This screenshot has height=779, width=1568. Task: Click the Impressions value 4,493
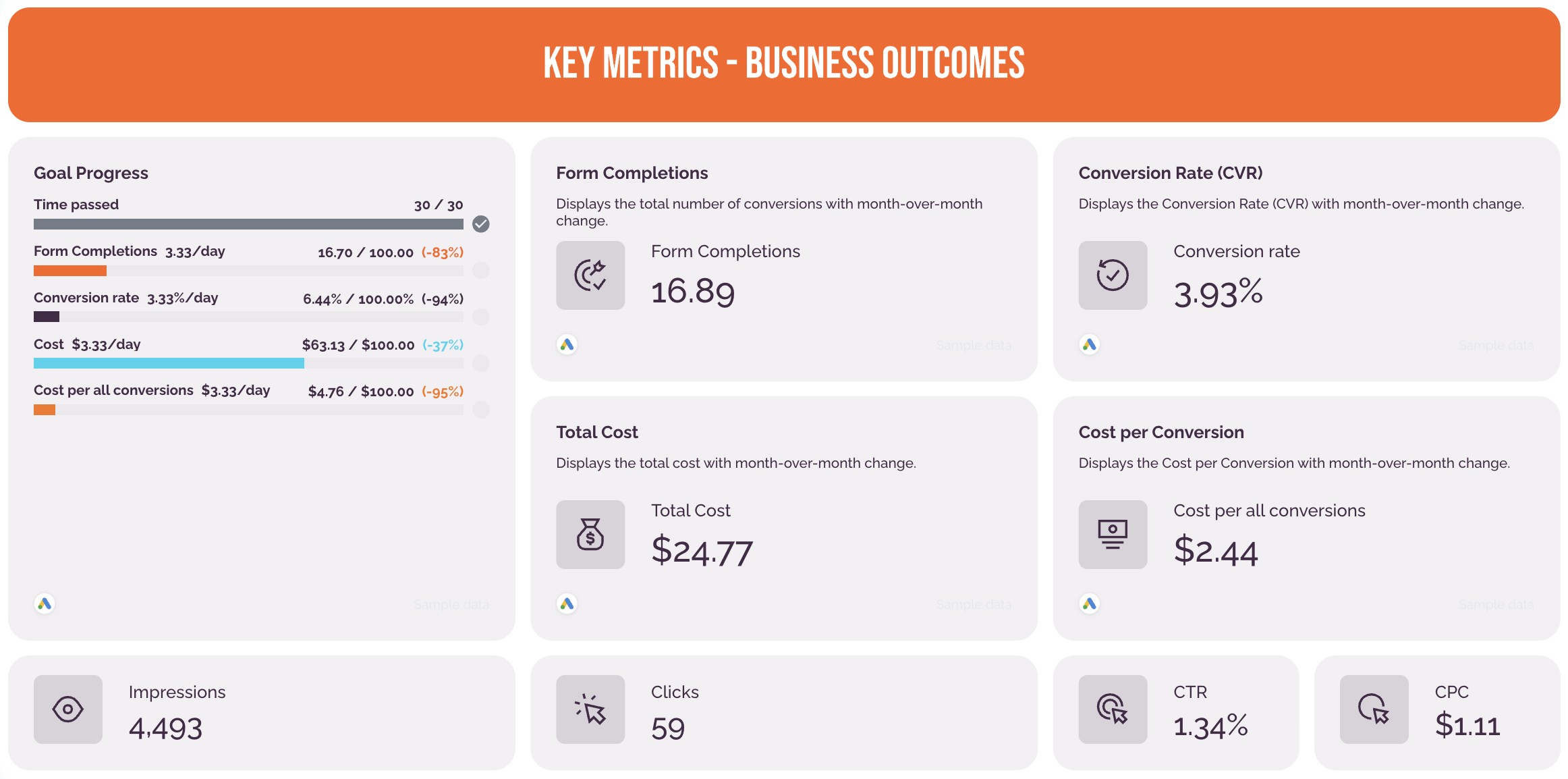click(x=165, y=728)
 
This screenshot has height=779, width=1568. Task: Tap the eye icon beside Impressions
click(x=68, y=709)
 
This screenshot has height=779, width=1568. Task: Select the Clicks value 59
click(x=668, y=728)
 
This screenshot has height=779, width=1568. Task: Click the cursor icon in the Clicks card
click(x=590, y=709)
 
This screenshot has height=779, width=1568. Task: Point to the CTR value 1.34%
click(x=1210, y=726)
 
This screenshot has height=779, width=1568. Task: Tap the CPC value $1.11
click(x=1467, y=726)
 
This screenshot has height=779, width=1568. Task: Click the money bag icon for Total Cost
click(x=590, y=535)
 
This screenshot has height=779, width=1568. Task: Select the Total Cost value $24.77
click(x=702, y=551)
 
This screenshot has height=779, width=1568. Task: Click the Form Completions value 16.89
click(x=693, y=292)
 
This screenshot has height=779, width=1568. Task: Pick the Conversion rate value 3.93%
click(x=1218, y=293)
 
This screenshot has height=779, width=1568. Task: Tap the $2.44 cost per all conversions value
click(x=1216, y=551)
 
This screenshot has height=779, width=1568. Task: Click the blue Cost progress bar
click(x=169, y=363)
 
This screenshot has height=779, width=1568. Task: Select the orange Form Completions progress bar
click(x=70, y=271)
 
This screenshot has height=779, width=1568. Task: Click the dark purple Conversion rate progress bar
click(x=47, y=317)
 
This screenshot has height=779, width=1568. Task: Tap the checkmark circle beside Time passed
click(x=481, y=224)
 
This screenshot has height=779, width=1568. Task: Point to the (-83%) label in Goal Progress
click(x=443, y=252)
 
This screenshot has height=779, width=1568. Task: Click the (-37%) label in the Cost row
click(x=443, y=345)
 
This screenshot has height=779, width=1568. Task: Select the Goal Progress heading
click(x=91, y=173)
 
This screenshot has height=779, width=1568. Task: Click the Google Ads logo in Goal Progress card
click(x=45, y=603)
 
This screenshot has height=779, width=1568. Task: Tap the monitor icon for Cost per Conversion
click(x=1113, y=535)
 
